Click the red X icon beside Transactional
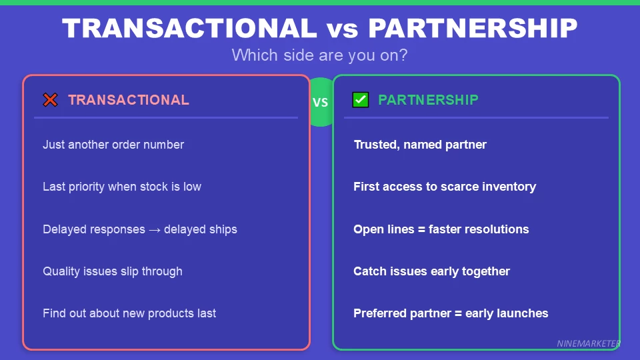tap(50, 100)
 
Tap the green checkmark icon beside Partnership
tap(361, 100)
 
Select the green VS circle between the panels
tap(321, 103)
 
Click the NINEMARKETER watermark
tap(589, 344)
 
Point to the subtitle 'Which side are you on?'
tap(319, 55)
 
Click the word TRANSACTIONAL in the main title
tap(189, 28)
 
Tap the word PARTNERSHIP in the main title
tap(473, 28)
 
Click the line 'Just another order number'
tap(113, 145)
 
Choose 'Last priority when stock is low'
tap(122, 187)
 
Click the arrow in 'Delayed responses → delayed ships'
tap(155, 229)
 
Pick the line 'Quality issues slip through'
tap(113, 271)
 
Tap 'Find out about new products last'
tap(129, 313)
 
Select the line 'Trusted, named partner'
tap(420, 145)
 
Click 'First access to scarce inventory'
tap(445, 187)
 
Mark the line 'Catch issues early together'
tap(431, 271)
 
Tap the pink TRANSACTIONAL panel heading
tap(129, 100)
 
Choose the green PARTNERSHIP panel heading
tap(428, 100)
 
